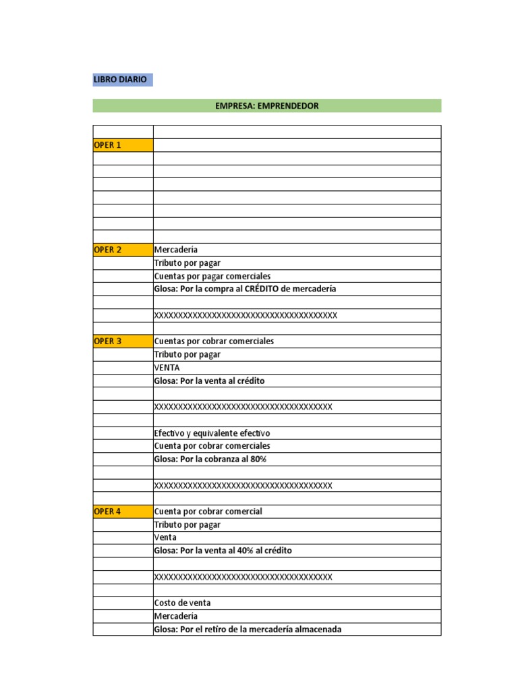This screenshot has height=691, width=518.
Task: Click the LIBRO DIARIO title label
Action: pyautogui.click(x=120, y=80)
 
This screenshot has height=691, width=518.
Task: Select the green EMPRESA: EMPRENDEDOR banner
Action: pyautogui.click(x=266, y=106)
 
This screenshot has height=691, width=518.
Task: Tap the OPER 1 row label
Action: pyautogui.click(x=108, y=145)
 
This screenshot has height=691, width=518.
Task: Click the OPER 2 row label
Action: pyautogui.click(x=108, y=250)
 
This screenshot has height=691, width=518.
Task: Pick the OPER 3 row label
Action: pyautogui.click(x=108, y=341)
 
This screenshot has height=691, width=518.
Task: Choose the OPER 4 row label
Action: pyautogui.click(x=108, y=512)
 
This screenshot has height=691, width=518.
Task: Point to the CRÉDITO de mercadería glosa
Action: pyautogui.click(x=245, y=289)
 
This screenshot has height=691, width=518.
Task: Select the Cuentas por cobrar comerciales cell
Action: pyautogui.click(x=214, y=341)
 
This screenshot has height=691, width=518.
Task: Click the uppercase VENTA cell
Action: pyautogui.click(x=167, y=368)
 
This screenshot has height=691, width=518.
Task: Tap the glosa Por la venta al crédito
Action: pyautogui.click(x=209, y=381)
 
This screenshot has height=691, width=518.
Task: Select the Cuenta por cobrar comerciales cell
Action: pyautogui.click(x=212, y=446)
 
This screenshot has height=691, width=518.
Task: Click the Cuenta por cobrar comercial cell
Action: pyautogui.click(x=208, y=512)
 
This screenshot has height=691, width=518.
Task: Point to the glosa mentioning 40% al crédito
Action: pyautogui.click(x=223, y=551)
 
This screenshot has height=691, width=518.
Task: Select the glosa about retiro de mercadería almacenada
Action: pyautogui.click(x=248, y=630)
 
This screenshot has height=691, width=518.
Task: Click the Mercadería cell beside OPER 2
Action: pyautogui.click(x=176, y=250)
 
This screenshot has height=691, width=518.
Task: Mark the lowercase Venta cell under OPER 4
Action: pyautogui.click(x=165, y=538)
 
